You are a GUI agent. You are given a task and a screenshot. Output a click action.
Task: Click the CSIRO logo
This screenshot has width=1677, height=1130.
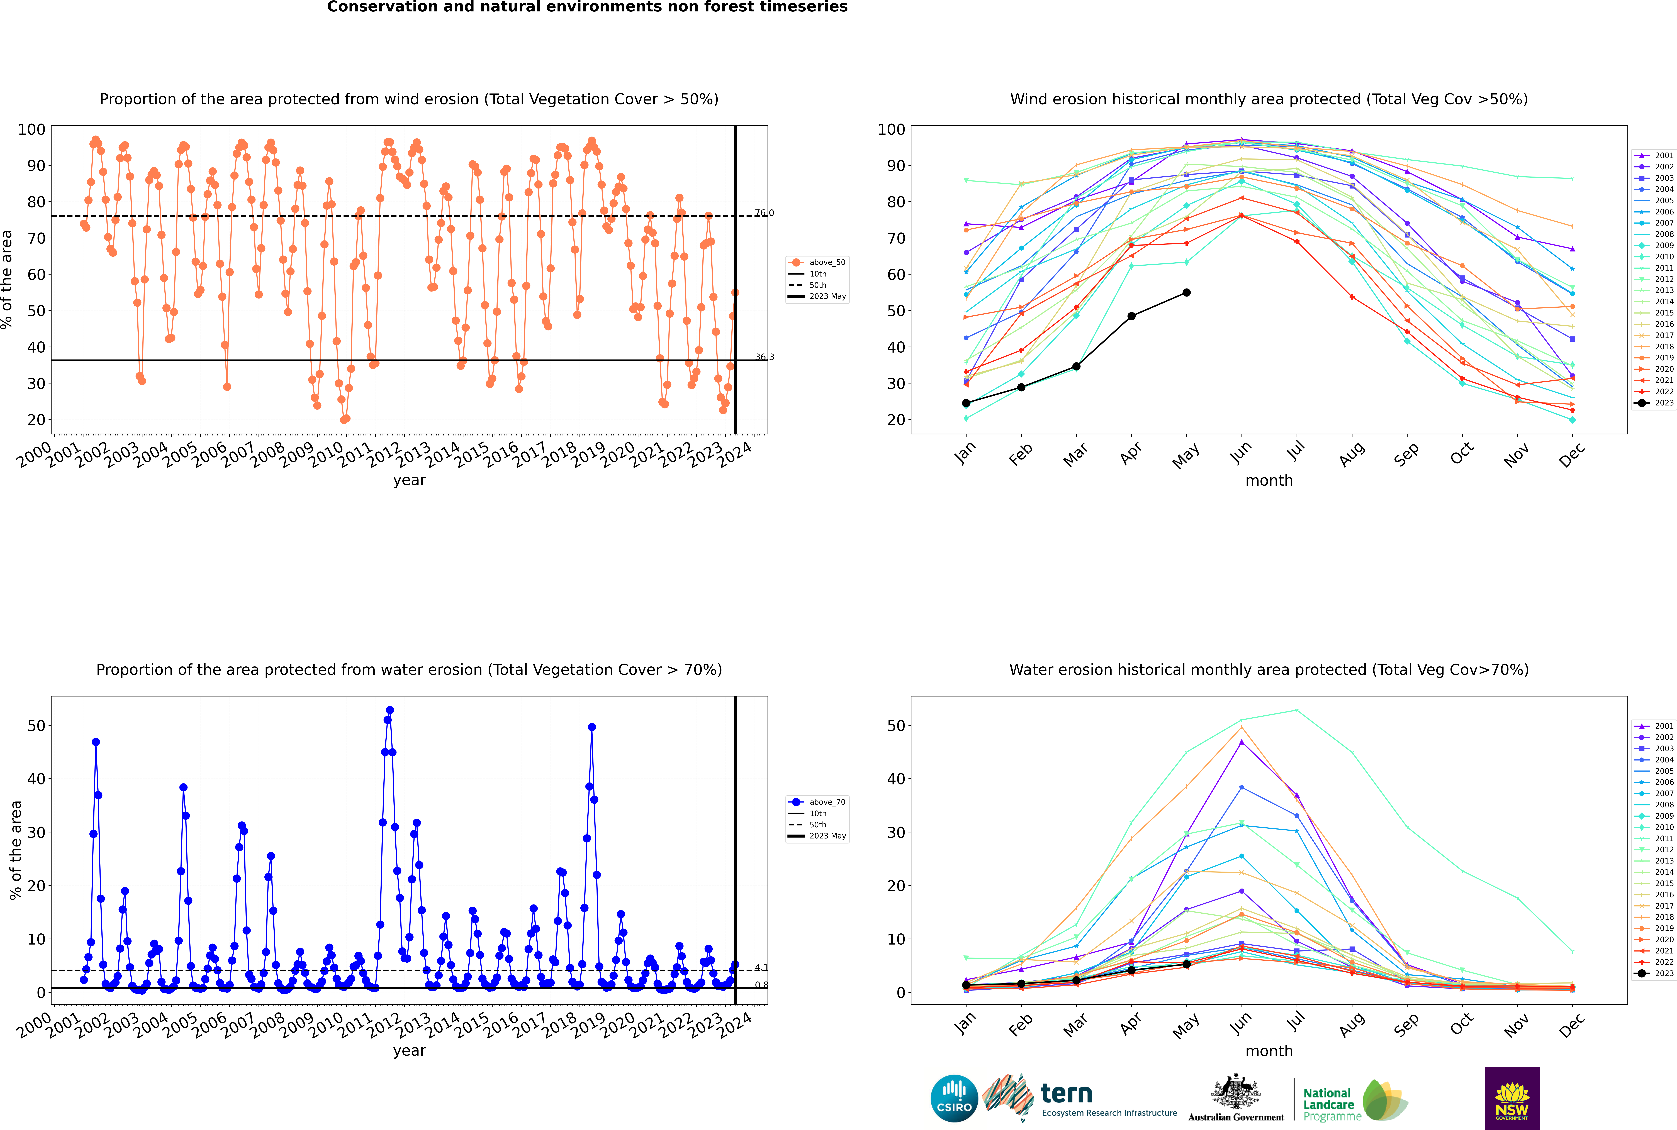(954, 1098)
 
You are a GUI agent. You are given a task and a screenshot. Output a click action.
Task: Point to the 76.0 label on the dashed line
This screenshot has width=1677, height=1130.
(764, 213)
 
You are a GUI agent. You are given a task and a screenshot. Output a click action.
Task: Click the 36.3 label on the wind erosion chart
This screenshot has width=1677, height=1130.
(764, 358)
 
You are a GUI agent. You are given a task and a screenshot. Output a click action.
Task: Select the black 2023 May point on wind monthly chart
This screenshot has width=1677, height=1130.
(1186, 293)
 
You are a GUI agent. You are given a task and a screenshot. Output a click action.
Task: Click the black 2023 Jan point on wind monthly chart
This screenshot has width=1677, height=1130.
(966, 403)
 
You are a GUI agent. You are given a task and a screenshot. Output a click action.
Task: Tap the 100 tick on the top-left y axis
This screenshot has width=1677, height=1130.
(32, 130)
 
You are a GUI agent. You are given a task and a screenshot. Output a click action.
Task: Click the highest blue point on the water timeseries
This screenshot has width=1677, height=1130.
(390, 711)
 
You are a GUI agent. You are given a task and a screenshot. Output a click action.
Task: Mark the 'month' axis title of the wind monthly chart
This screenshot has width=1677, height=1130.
(1269, 481)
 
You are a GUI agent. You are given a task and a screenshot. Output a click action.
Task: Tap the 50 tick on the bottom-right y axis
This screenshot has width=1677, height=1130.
(896, 726)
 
